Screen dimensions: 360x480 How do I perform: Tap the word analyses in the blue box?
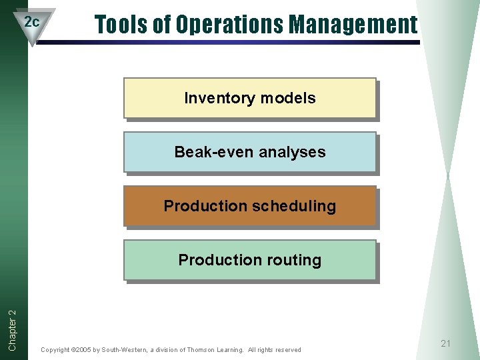click(292, 152)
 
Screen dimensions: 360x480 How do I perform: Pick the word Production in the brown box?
click(205, 206)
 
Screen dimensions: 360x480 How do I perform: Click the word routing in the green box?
click(295, 260)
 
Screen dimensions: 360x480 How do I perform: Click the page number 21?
click(446, 343)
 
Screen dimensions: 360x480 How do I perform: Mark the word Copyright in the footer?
click(55, 350)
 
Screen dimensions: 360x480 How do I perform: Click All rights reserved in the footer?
click(274, 350)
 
